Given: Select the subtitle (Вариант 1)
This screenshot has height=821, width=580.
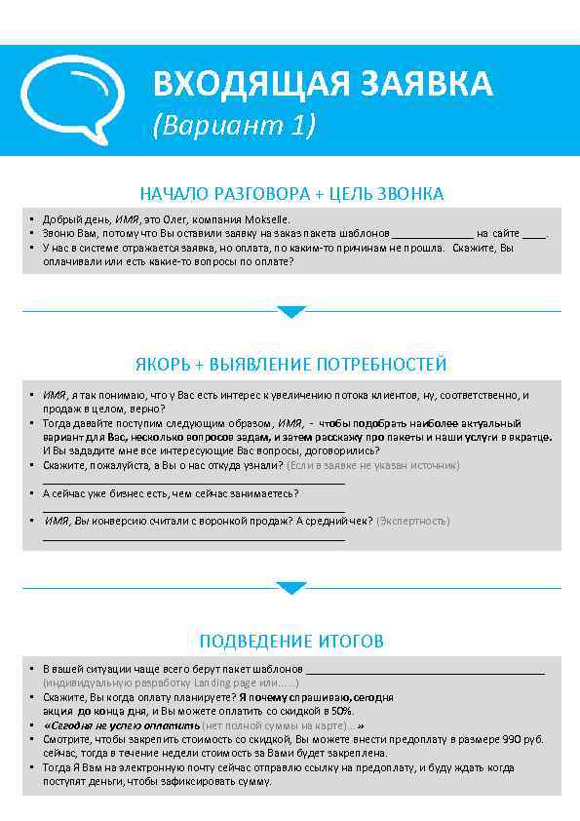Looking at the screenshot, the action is [x=234, y=126].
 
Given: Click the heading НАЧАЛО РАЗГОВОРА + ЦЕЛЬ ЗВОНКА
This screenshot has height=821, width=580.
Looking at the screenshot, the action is [x=291, y=194].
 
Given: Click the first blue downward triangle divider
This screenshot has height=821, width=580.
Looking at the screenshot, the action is [x=290, y=312].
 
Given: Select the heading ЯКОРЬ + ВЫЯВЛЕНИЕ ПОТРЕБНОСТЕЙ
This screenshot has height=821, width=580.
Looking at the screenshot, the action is [x=290, y=365].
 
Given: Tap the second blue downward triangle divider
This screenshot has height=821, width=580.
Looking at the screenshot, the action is [x=290, y=588].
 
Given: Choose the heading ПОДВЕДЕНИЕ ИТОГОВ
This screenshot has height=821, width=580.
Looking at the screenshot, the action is [x=290, y=642].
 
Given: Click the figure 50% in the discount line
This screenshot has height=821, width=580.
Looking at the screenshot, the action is [x=341, y=712].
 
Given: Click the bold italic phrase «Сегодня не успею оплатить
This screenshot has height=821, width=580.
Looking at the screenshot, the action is [x=122, y=726].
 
